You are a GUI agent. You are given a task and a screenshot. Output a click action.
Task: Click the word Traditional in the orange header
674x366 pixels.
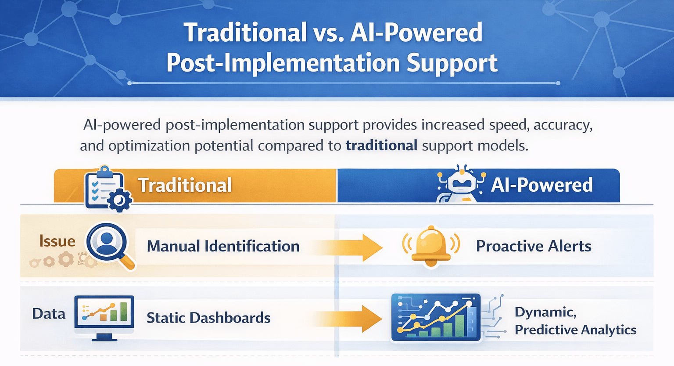(x=185, y=185)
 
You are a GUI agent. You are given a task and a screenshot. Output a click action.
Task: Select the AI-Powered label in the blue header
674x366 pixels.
(x=541, y=185)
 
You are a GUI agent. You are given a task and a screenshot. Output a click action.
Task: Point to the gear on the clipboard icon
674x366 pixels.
(x=119, y=201)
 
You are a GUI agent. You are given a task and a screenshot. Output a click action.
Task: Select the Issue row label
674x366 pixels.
(x=57, y=241)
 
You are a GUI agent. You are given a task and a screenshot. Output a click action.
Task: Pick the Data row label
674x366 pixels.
(x=49, y=314)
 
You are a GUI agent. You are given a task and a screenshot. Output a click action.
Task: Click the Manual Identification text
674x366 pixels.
(x=223, y=246)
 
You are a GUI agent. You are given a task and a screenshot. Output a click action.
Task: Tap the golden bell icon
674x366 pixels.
(x=431, y=246)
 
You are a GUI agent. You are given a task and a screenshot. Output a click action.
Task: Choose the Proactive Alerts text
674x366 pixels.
(x=534, y=246)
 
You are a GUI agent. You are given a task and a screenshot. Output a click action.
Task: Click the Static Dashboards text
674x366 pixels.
(x=208, y=318)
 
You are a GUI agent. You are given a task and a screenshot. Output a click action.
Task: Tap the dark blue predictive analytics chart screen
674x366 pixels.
(x=435, y=317)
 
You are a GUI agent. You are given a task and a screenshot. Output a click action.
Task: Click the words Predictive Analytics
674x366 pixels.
(x=575, y=330)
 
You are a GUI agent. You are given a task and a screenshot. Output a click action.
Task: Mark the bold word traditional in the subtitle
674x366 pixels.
(x=381, y=145)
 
